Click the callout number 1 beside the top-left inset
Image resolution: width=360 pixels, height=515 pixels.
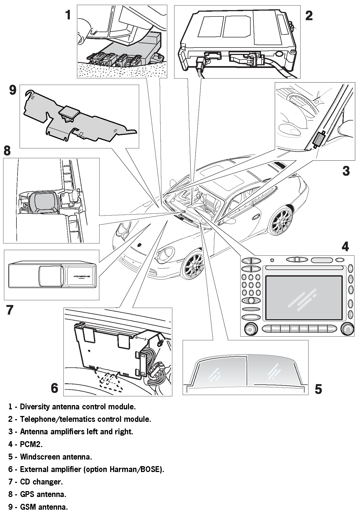click(68, 15)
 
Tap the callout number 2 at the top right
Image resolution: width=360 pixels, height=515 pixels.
click(309, 16)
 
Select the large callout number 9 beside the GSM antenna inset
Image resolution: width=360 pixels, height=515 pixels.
click(13, 90)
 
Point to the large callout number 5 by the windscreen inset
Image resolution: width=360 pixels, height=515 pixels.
click(318, 389)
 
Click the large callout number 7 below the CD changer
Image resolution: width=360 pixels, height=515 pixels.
click(10, 310)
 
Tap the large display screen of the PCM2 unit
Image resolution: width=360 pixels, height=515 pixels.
click(304, 297)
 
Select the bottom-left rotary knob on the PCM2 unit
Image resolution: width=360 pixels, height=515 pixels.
click(250, 329)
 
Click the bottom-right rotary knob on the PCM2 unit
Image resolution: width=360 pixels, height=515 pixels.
click(348, 329)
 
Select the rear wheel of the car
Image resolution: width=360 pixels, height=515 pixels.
click(280, 222)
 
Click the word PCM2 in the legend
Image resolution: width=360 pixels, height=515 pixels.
click(31, 444)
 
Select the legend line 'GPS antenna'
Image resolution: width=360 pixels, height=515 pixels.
click(43, 494)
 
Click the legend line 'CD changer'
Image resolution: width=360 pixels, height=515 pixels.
click(41, 482)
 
